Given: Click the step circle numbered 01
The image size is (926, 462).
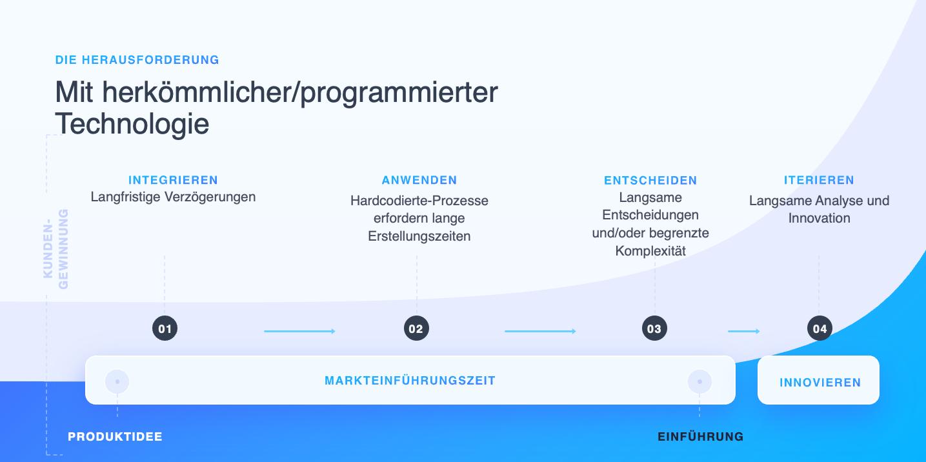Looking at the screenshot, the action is [165, 328].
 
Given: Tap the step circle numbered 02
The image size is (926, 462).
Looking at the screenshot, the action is [416, 328].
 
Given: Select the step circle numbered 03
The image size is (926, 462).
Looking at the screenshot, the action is [654, 328].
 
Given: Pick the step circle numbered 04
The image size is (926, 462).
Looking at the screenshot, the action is [820, 328].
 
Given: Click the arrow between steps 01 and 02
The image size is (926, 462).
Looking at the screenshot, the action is [299, 331].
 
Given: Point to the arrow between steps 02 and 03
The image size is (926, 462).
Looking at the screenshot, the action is [540, 331].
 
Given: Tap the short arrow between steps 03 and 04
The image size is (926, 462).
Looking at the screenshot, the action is [744, 331].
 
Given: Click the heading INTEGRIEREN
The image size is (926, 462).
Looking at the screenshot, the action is [173, 180].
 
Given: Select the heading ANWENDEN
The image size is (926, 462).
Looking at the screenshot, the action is [419, 180].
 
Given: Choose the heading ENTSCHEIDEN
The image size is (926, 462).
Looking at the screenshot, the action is [650, 181].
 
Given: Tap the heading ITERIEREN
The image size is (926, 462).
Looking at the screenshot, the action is [819, 180].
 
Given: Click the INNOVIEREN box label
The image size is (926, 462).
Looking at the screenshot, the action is [820, 383].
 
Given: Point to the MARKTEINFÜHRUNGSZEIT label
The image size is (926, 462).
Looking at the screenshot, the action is [410, 381].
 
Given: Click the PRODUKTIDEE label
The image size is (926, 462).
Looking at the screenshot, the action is [115, 437].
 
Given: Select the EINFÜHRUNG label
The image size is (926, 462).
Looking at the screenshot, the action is [701, 437].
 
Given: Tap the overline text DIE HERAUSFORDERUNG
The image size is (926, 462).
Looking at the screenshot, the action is [137, 60].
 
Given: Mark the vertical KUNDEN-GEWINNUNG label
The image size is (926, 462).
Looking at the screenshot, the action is [55, 249].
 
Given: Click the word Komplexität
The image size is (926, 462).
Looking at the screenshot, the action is [650, 251].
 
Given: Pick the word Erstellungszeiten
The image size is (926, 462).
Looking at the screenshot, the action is [419, 236].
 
